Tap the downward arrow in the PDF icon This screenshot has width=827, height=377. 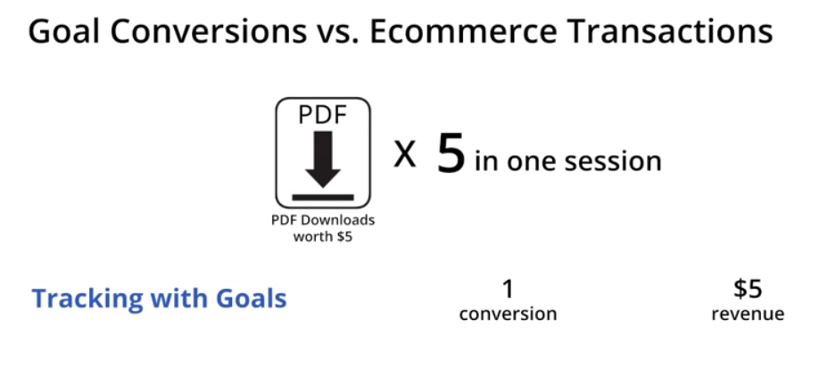click(x=323, y=159)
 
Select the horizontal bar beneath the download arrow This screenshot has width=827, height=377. click(x=323, y=197)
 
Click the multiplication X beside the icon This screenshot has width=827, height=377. click(x=405, y=156)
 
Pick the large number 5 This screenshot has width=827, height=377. click(x=451, y=154)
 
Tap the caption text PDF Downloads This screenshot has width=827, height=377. click(x=323, y=219)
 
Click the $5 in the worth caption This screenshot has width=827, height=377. click(x=344, y=236)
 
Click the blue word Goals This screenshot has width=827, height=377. click(x=251, y=299)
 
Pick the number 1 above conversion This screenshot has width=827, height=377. click(x=508, y=289)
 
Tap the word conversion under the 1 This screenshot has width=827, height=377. click(x=508, y=315)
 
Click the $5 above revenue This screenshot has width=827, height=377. click(x=748, y=289)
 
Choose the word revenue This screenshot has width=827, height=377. click(x=748, y=315)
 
